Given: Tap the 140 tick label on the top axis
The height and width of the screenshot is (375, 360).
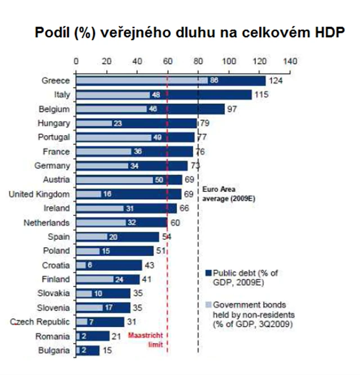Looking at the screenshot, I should click(x=290, y=60).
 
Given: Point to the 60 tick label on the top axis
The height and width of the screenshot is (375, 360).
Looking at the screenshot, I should click(x=168, y=60).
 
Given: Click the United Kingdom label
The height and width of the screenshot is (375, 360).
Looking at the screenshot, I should click(x=40, y=194).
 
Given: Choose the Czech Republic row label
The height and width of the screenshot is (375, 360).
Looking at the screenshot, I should click(x=40, y=322).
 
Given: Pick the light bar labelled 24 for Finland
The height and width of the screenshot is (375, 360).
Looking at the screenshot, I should click(x=100, y=279).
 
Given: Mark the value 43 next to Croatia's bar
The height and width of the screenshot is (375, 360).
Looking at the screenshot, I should click(x=150, y=265).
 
